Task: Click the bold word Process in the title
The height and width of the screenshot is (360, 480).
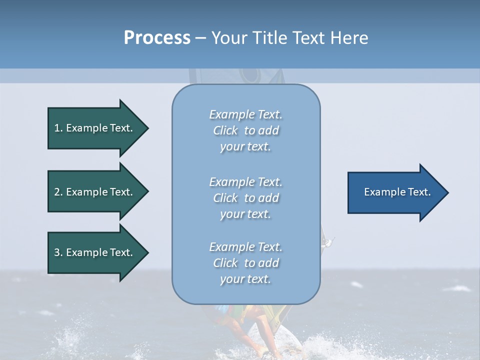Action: (157, 37)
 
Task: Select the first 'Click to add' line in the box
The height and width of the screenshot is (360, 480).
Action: (246, 130)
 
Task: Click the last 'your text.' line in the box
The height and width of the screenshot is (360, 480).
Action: (245, 279)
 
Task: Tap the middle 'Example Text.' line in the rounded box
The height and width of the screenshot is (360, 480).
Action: (245, 182)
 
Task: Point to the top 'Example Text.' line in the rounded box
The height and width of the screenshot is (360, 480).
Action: (245, 114)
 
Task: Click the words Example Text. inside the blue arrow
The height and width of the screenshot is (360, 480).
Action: (397, 192)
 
